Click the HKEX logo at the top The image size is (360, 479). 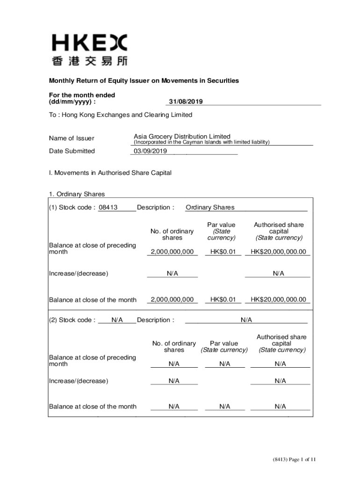point(89,43)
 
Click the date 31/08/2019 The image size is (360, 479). point(185,102)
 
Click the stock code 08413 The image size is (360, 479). point(108,208)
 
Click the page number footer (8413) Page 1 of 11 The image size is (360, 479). point(295,459)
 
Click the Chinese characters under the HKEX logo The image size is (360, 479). point(89,61)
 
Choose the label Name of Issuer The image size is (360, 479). point(72,138)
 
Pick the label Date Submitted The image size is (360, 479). point(72,151)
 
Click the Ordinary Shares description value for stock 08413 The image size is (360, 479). point(210,208)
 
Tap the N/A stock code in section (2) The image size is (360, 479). point(117,320)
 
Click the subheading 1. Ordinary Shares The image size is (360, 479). point(77,194)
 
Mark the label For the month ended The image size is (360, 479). point(82,95)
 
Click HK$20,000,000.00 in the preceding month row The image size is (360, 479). point(278,252)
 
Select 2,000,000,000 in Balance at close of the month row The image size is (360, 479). point(172,299)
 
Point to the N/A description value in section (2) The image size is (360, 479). point(246,320)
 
